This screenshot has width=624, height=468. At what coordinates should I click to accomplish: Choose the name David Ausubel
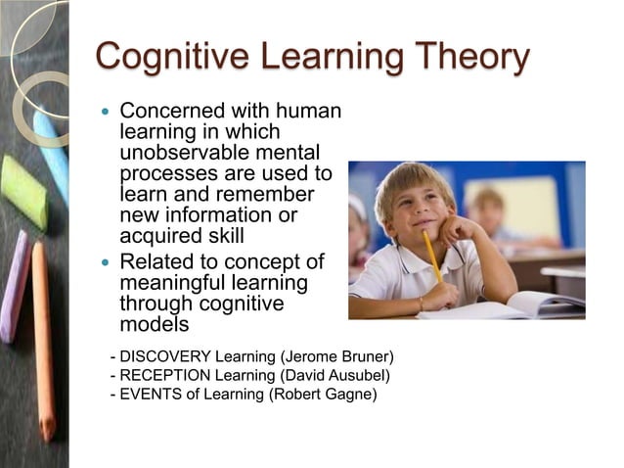[338, 376]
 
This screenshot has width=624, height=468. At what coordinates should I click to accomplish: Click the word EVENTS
[150, 396]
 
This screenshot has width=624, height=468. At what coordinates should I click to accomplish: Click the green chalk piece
[23, 192]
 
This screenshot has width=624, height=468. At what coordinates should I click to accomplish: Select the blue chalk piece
[52, 152]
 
